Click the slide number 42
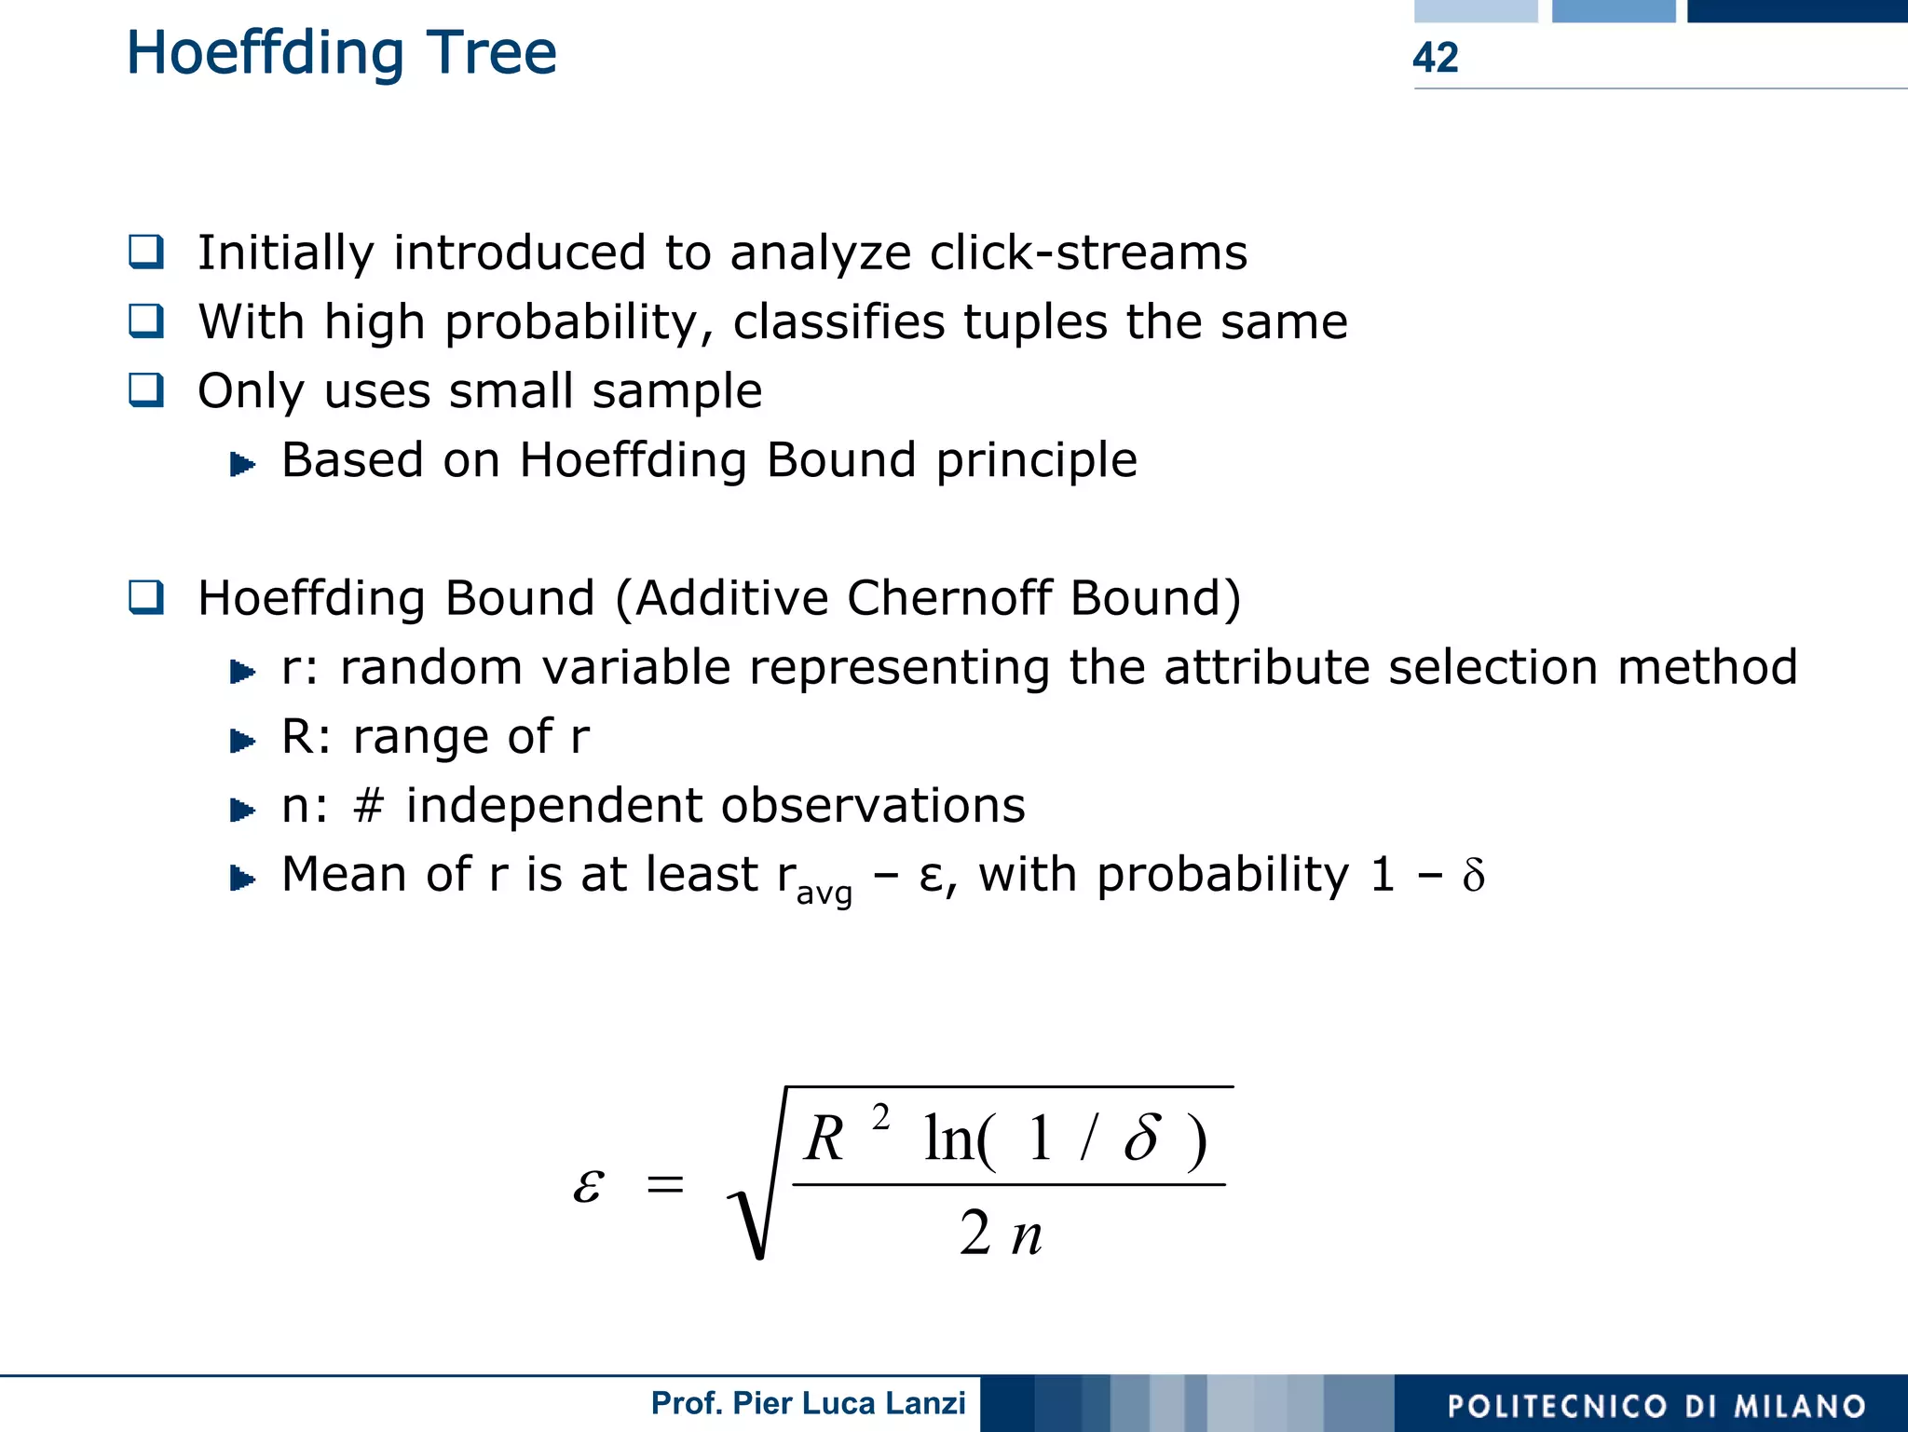click(x=1435, y=58)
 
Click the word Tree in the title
click(x=492, y=53)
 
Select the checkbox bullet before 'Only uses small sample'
click(x=146, y=389)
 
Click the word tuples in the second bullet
click(x=1034, y=321)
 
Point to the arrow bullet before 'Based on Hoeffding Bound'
click(x=242, y=463)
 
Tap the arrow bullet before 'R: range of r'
click(x=242, y=741)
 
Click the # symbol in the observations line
click(x=369, y=806)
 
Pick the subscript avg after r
click(x=824, y=893)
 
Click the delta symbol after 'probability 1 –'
click(x=1473, y=876)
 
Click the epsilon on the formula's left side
click(x=588, y=1184)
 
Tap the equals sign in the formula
click(x=665, y=1185)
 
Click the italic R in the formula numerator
click(x=824, y=1139)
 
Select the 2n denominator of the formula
click(x=1001, y=1234)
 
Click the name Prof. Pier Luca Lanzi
click(x=808, y=1403)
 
